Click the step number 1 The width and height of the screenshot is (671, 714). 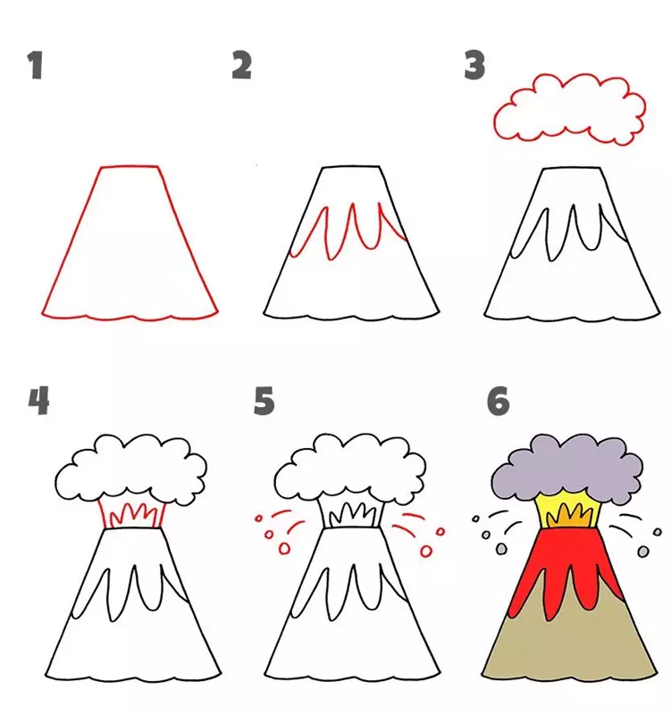click(35, 65)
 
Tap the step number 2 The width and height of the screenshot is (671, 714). click(241, 65)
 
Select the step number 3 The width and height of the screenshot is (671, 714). click(474, 65)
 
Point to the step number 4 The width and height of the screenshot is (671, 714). click(38, 401)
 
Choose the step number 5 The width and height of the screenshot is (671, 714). click(264, 401)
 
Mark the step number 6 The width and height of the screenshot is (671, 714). click(499, 401)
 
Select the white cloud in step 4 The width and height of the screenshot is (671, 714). click(130, 469)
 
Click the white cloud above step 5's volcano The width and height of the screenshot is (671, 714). click(350, 469)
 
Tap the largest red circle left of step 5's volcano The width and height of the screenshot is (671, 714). click(284, 549)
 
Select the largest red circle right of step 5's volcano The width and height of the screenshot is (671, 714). click(426, 552)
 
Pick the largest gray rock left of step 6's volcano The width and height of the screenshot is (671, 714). click(501, 549)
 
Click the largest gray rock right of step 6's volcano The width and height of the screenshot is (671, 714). click(643, 552)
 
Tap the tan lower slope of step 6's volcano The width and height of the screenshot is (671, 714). click(570, 652)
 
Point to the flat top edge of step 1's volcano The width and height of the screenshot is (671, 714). click(130, 167)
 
